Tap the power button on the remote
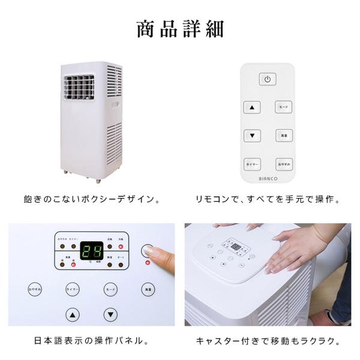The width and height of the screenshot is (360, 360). click(268, 79)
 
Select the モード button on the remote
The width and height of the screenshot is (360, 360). click(284, 107)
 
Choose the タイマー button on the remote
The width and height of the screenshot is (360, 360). click(252, 164)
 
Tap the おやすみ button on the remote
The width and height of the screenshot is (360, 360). click(284, 164)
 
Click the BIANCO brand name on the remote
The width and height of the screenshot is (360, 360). click(268, 178)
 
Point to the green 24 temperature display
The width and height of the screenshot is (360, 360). click(92, 252)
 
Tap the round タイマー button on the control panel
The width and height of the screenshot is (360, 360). click(73, 289)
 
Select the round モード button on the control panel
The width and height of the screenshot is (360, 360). click(110, 289)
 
